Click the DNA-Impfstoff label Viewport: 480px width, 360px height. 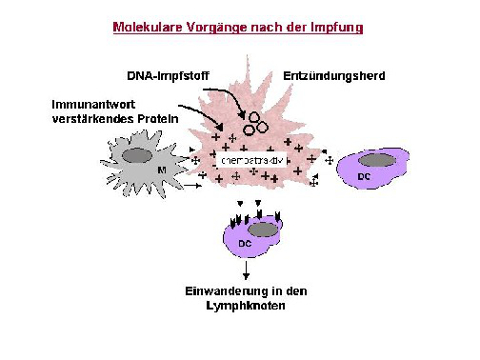click(x=167, y=76)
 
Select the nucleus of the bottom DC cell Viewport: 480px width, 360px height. click(x=263, y=230)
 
